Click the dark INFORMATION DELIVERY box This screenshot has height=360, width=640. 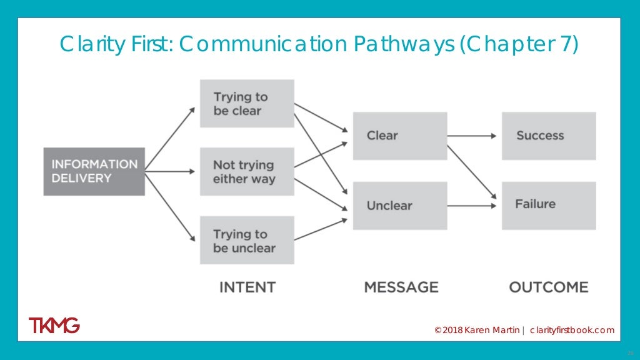94,171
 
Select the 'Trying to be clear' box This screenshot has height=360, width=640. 247,104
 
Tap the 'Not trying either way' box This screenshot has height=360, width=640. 247,172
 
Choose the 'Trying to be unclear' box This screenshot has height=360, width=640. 247,240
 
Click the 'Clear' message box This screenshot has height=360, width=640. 400,136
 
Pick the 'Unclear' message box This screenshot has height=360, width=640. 400,205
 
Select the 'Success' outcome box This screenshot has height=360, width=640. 549,136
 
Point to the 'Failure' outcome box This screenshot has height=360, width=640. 549,205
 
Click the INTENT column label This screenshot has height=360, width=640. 247,287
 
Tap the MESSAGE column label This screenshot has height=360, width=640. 401,287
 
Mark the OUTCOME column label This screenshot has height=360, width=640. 548,287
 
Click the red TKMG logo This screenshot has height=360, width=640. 54,326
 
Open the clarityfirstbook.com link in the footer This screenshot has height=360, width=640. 572,330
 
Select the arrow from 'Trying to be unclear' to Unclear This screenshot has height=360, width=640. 320,229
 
